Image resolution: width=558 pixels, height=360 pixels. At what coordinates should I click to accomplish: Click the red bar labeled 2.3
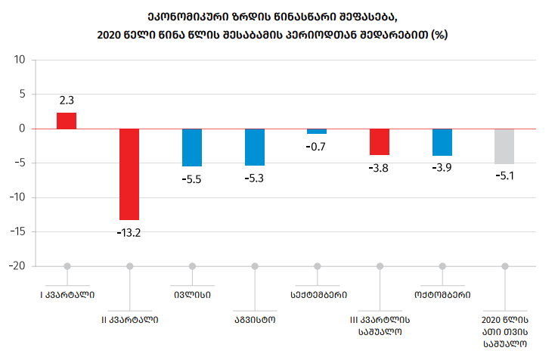tap(67, 121)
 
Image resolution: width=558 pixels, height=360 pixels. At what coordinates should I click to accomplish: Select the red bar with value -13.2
tap(129, 174)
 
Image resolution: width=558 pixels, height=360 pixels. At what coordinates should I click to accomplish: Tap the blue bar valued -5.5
tap(192, 147)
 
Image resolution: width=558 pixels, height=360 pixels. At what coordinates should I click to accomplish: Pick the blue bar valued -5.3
tap(255, 147)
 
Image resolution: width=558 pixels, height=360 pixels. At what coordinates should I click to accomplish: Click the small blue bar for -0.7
tap(317, 132)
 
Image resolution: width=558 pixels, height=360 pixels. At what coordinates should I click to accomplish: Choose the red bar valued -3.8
tap(380, 142)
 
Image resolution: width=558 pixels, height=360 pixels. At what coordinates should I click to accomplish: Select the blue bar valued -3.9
tap(442, 142)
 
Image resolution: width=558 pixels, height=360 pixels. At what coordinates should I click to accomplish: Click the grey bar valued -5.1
tap(504, 147)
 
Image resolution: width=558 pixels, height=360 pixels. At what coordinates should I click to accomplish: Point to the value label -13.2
tap(129, 231)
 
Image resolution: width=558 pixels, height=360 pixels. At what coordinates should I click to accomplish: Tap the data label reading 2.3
tap(67, 100)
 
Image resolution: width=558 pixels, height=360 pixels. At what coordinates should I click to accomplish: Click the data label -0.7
tap(317, 147)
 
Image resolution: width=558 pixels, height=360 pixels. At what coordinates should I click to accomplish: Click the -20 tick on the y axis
tap(17, 266)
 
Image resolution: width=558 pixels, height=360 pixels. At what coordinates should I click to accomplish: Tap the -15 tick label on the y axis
tap(17, 232)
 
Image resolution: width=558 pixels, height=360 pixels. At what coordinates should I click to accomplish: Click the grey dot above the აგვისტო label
tap(255, 266)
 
